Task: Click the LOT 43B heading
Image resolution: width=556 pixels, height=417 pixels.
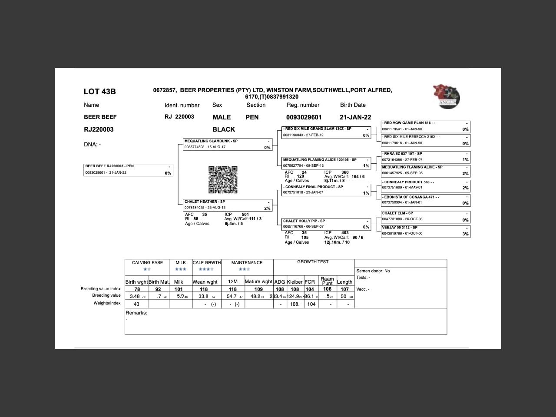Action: tap(99, 92)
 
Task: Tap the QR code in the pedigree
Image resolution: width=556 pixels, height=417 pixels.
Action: tap(223, 180)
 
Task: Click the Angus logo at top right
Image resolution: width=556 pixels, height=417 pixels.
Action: tap(446, 96)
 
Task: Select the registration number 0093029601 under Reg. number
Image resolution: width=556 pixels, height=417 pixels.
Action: tap(304, 117)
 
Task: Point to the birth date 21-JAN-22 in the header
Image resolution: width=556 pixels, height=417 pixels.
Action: tap(355, 117)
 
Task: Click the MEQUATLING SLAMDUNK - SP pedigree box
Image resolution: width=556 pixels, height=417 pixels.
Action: tap(228, 144)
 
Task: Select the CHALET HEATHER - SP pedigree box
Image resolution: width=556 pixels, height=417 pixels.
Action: tap(228, 205)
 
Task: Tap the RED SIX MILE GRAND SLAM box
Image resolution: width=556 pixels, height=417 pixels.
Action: tap(326, 132)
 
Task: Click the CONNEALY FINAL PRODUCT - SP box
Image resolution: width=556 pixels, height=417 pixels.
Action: tap(326, 190)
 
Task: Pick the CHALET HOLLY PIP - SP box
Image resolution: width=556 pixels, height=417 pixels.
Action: tap(326, 224)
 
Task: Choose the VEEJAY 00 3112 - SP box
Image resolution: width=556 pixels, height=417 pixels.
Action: tap(425, 231)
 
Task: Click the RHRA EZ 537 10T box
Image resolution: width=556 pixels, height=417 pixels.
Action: tap(425, 157)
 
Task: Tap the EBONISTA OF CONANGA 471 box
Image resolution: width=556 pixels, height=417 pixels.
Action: tap(425, 200)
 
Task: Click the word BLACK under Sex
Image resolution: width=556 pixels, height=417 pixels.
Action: tap(224, 129)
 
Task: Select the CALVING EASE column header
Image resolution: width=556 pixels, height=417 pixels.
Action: tap(147, 263)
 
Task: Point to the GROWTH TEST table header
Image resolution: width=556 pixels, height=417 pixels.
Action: tap(313, 262)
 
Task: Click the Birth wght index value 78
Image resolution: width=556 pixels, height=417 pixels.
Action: tap(137, 289)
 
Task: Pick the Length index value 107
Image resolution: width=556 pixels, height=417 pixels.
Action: tap(344, 289)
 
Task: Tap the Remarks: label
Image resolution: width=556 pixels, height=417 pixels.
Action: tap(136, 313)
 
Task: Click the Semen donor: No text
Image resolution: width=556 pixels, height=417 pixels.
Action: tap(373, 271)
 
